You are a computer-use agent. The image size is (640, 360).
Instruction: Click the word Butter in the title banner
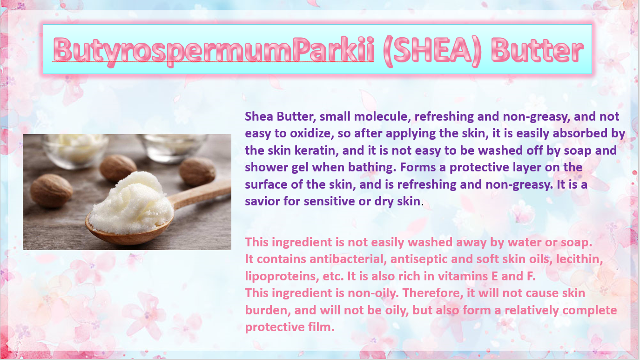coord(537,50)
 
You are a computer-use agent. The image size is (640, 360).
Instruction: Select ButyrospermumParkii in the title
coord(214,52)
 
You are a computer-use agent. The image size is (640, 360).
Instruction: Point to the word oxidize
coord(312,134)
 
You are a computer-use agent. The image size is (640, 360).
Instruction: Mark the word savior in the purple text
coord(263,202)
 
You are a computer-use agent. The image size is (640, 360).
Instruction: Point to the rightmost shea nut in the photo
coord(197,171)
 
